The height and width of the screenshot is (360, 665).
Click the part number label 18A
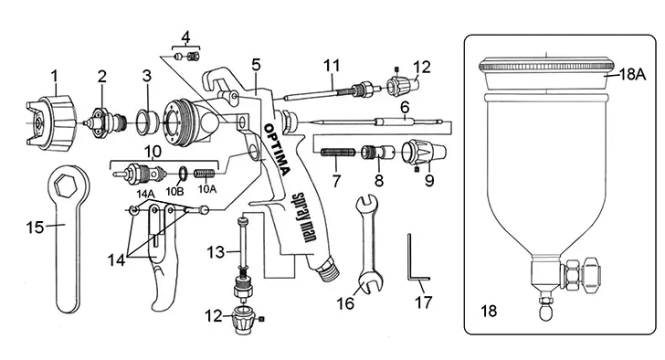click(x=632, y=75)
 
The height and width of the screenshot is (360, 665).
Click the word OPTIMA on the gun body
click(x=278, y=149)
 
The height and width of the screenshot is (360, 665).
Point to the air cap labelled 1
click(x=52, y=122)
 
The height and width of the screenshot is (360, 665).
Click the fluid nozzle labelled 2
click(x=105, y=122)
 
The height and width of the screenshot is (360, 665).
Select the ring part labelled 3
click(x=147, y=122)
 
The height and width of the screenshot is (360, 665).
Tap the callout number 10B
click(x=174, y=191)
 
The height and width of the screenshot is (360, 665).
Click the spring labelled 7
click(x=338, y=153)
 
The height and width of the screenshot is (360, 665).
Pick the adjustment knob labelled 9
click(x=424, y=153)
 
